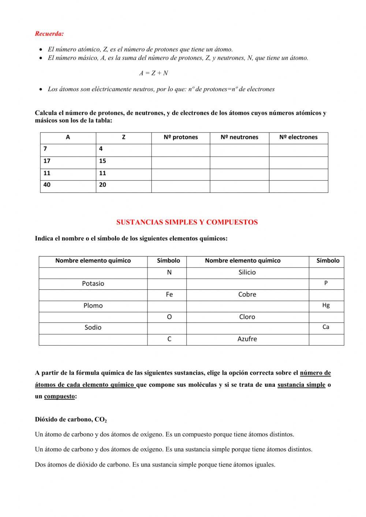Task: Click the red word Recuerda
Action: pos(49,34)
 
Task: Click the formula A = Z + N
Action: pos(153,73)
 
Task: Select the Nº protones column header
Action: pos(180,137)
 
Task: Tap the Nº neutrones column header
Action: pos(239,137)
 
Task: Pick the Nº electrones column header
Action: pos(298,137)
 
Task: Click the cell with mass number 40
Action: pos(47,185)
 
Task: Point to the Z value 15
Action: pos(102,161)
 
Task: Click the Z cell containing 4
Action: pos(101,149)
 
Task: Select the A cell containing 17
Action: pos(47,161)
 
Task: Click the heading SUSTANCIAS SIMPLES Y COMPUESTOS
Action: pos(187,222)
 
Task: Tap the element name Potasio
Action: pos(93,284)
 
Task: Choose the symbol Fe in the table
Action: pos(169,295)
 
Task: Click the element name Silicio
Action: pos(247,272)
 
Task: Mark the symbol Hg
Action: pos(326,305)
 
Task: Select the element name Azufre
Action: pos(247,339)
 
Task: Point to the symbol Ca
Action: pos(326,327)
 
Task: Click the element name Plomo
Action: pos(93,306)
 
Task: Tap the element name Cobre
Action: pos(247,295)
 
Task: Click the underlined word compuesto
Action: pos(59,397)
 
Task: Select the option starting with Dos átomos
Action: pos(155,465)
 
